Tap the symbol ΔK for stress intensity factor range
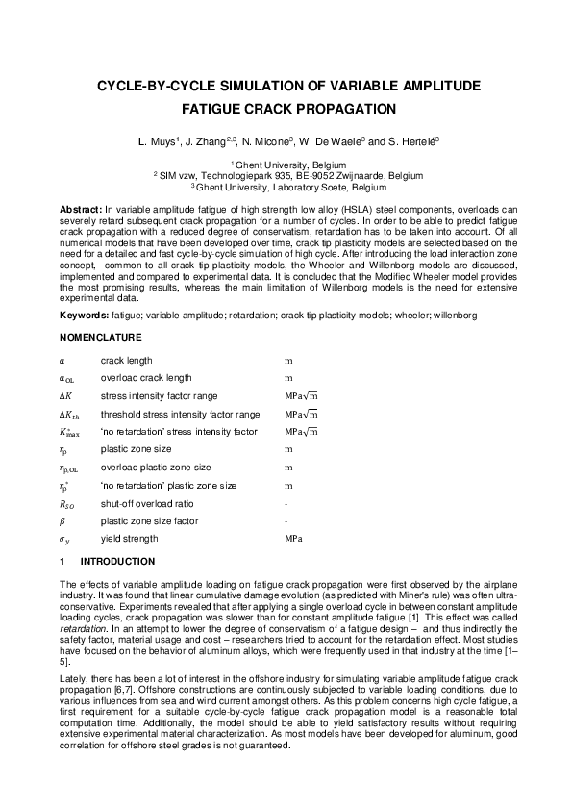click(65, 395)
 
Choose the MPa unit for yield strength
click(294, 539)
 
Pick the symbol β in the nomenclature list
click(62, 521)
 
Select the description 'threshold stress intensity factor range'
click(180, 414)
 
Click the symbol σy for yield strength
click(64, 540)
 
